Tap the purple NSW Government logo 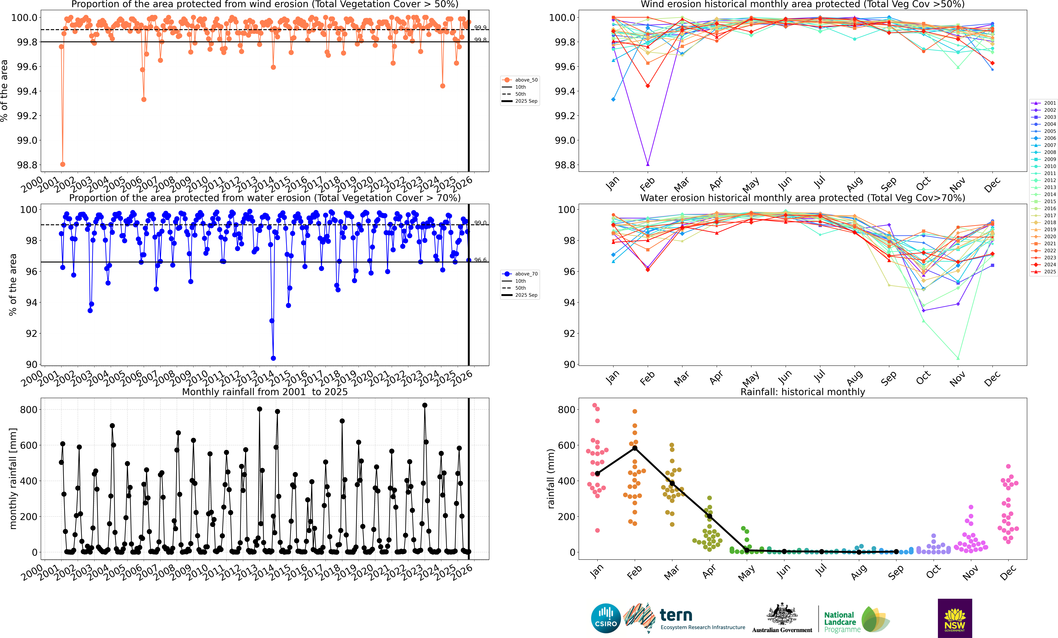point(954,618)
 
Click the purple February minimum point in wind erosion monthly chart point(647,164)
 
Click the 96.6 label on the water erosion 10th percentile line point(480,260)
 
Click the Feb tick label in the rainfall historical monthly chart point(634,572)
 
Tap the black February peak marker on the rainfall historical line point(635,448)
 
